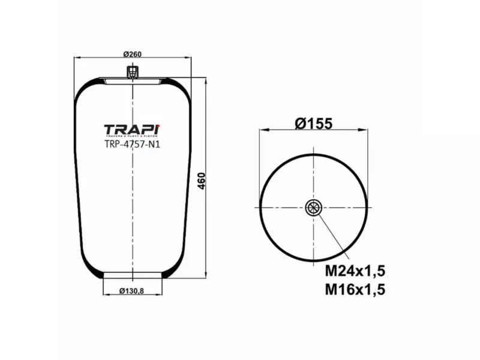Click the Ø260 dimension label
coord(132,54)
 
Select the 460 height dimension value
coord(202,179)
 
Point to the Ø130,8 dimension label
coord(132,291)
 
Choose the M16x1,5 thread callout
coord(355,290)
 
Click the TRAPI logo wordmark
coord(132,130)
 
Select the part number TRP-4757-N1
coord(132,144)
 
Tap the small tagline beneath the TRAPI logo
coord(132,137)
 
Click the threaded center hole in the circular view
coord(313,208)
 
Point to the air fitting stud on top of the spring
coord(132,73)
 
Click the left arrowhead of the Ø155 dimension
coord(262,130)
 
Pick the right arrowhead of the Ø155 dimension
coord(365,130)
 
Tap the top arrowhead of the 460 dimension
coord(206,80)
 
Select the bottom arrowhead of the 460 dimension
coord(206,277)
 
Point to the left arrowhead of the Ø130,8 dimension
coord(106,295)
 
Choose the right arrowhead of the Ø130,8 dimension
coord(160,295)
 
